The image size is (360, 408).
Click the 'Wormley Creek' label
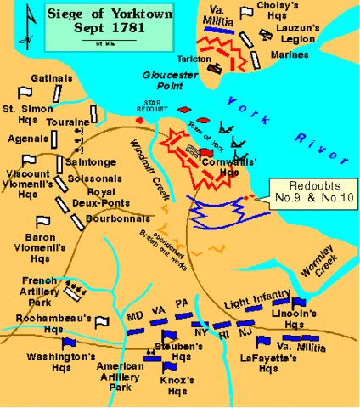click(320, 260)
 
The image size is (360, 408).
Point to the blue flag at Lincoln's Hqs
click(298, 303)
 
